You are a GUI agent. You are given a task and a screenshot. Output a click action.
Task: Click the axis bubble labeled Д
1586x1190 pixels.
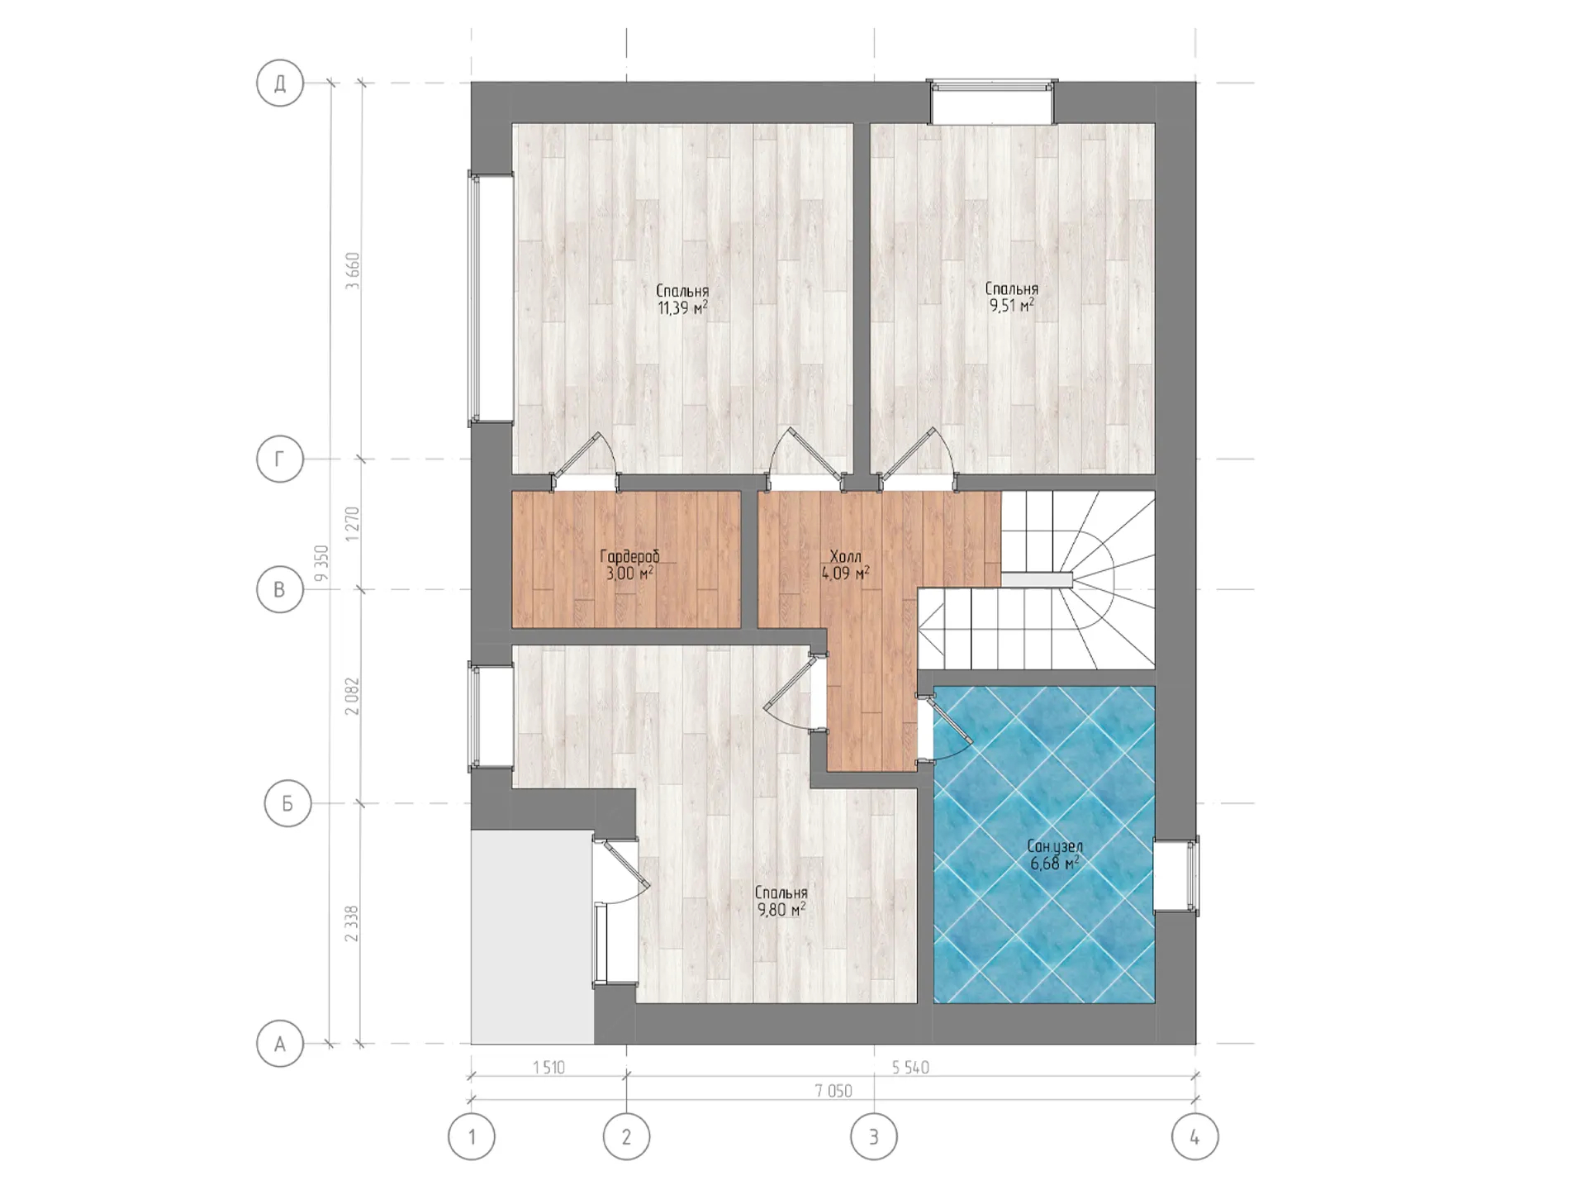pyautogui.click(x=280, y=83)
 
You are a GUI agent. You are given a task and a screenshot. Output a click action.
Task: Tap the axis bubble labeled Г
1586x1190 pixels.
pyautogui.click(x=280, y=459)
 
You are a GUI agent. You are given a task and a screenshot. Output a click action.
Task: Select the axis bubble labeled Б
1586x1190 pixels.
pyautogui.click(x=287, y=803)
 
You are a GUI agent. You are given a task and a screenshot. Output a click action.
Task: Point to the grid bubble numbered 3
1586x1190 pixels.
pyautogui.click(x=874, y=1136)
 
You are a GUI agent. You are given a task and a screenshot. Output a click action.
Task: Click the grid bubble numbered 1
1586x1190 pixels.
pyautogui.click(x=472, y=1136)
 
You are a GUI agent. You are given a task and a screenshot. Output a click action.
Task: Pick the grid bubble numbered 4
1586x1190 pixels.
pyautogui.click(x=1195, y=1136)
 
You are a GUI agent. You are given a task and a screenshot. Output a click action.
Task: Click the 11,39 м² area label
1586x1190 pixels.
pyautogui.click(x=682, y=309)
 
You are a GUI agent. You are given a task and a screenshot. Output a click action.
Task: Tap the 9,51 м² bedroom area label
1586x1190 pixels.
pyautogui.click(x=1012, y=306)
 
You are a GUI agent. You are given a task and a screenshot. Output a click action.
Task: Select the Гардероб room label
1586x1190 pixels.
pyautogui.click(x=629, y=556)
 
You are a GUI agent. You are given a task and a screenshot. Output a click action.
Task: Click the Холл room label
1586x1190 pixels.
pyautogui.click(x=845, y=556)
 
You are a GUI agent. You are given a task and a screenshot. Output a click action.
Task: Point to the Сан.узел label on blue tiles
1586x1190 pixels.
pyautogui.click(x=1055, y=846)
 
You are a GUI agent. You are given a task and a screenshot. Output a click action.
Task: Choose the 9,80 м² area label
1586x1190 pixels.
pyautogui.click(x=781, y=910)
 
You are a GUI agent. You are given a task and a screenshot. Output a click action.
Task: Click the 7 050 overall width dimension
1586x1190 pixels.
pyautogui.click(x=833, y=1091)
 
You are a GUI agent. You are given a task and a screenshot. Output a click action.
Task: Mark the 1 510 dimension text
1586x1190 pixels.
pyautogui.click(x=548, y=1068)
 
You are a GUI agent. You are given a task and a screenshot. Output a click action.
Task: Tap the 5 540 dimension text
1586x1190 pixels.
pyautogui.click(x=910, y=1068)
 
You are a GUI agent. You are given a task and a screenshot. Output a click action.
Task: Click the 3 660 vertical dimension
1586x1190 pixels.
pyautogui.click(x=353, y=269)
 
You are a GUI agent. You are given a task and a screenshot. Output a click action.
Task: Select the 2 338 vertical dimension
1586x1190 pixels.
pyautogui.click(x=353, y=923)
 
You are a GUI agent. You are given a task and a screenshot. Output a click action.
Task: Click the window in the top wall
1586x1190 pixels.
pyautogui.click(x=991, y=102)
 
